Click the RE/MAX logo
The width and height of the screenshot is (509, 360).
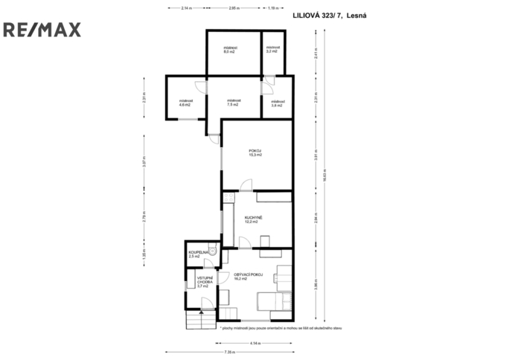(42, 30)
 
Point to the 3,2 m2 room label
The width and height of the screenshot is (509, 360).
(272, 50)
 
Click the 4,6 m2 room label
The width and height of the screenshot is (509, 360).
(185, 103)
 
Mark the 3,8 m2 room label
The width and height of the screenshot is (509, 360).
(277, 103)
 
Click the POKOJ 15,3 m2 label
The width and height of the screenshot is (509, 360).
(255, 152)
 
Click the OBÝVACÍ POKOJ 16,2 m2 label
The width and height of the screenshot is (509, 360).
(249, 277)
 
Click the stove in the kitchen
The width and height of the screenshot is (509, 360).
(265, 240)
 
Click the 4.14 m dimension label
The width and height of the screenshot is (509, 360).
(255, 342)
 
